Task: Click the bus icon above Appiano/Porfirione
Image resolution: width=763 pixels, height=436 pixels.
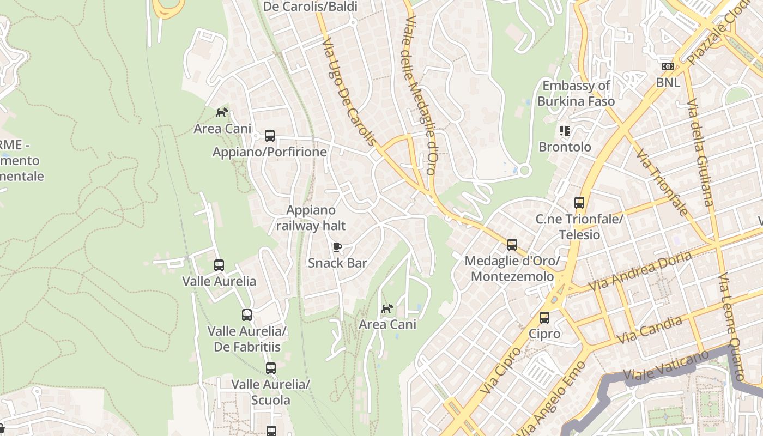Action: (x=270, y=136)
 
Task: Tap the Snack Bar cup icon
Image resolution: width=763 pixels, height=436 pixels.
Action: (x=337, y=247)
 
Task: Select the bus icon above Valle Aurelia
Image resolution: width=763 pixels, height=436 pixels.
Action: (x=219, y=265)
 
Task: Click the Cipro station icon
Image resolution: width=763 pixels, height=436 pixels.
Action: (x=544, y=318)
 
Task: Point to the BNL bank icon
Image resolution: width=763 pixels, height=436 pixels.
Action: (x=668, y=66)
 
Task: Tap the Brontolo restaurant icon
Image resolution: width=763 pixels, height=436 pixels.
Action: (x=565, y=131)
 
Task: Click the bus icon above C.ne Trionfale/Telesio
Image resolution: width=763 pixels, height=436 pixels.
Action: (x=579, y=203)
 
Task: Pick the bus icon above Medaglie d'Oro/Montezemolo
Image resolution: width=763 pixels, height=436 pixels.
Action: (x=512, y=245)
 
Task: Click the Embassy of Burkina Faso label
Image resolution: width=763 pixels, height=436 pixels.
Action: (x=576, y=93)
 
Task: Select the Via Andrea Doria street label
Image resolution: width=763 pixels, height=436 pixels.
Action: (x=640, y=271)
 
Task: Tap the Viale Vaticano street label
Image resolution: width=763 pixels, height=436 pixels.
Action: (x=665, y=366)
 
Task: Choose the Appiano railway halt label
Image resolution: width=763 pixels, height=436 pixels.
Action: (x=311, y=217)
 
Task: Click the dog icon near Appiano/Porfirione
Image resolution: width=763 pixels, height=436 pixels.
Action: (x=222, y=113)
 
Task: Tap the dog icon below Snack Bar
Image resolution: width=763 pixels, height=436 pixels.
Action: (x=387, y=309)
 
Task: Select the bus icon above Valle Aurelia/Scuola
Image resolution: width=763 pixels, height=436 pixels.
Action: (x=271, y=368)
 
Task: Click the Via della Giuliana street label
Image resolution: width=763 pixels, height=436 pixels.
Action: (x=700, y=153)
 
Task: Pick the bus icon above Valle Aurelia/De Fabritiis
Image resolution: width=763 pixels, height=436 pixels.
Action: (x=247, y=315)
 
